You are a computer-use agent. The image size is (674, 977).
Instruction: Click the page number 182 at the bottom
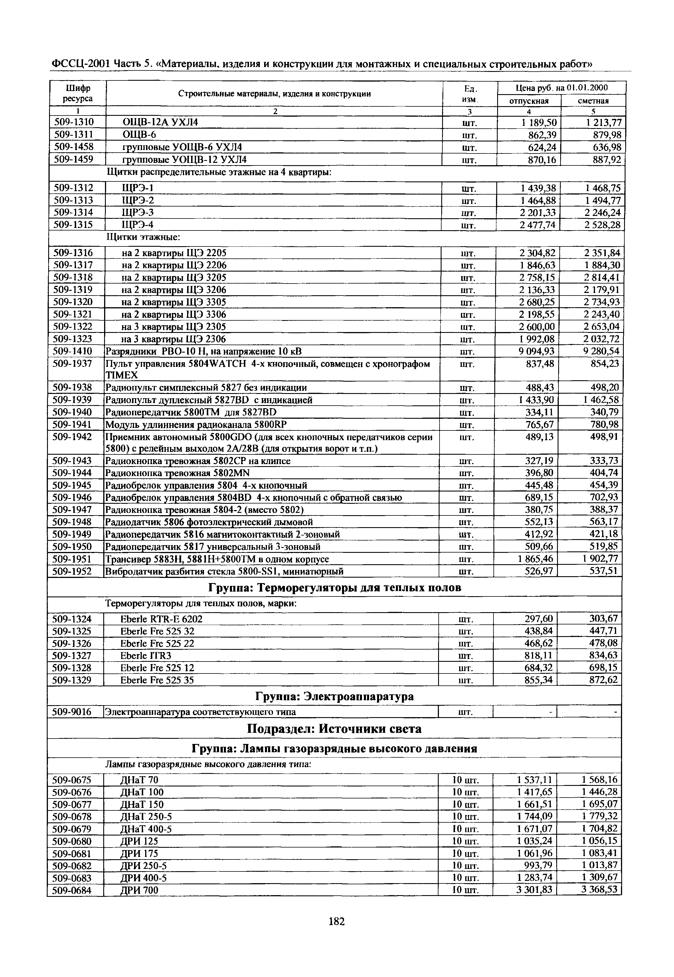337,921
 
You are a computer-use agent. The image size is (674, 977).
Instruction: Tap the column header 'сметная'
593,101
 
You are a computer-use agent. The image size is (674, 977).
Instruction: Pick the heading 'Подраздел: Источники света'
334,729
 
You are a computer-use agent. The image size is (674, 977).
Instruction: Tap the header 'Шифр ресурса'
78,93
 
